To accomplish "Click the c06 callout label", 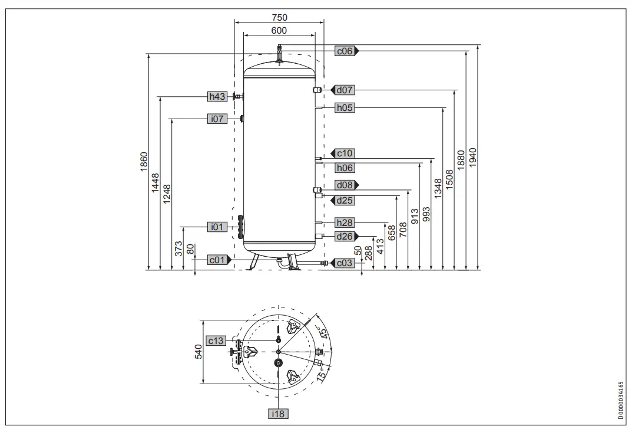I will point(345,51).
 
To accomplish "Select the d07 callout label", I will point(345,90).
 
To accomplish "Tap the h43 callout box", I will point(217,97).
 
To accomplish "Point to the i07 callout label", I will point(217,119).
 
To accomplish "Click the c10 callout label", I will point(345,153).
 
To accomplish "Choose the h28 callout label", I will point(345,222).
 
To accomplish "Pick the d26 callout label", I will point(345,237).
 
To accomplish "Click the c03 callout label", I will point(345,263).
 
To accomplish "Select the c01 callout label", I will point(217,260).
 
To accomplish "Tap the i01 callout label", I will point(217,226).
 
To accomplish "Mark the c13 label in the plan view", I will point(216,340).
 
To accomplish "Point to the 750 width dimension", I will point(279,18).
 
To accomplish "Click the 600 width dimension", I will point(279,30).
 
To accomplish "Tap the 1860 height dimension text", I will point(143,162).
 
